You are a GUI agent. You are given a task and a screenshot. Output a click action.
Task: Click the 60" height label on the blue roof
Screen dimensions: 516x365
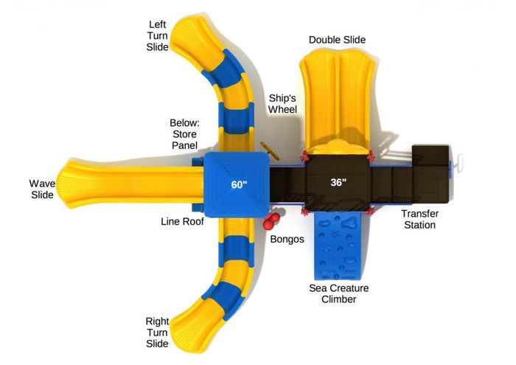239,184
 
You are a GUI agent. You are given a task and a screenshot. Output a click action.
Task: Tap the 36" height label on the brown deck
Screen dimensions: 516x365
338,182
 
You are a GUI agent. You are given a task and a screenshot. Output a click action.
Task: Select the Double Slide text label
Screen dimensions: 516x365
337,40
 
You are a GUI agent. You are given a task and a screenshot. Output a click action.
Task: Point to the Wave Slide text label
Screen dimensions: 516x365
42,190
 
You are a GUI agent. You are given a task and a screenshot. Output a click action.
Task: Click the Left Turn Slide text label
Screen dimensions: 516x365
157,35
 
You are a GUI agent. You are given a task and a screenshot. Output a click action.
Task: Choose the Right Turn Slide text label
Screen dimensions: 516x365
157,333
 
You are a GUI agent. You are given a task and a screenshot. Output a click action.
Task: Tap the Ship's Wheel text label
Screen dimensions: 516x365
282,104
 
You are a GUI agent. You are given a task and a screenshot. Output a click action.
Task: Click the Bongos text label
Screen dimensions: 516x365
287,239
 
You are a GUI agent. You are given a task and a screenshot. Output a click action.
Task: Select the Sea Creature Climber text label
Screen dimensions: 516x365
338,293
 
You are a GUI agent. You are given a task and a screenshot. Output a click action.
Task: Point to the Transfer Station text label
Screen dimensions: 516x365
420,219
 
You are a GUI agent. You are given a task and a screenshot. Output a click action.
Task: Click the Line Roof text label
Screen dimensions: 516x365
182,221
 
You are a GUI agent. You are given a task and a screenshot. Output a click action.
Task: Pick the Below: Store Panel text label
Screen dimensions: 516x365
184,134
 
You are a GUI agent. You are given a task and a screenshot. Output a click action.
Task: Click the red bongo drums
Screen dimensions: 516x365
271,220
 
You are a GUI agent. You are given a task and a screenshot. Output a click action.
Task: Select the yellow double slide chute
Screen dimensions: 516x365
338,102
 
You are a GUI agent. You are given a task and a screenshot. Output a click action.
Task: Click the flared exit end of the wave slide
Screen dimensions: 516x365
71,184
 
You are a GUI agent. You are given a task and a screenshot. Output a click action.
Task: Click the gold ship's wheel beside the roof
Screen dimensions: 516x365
270,150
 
